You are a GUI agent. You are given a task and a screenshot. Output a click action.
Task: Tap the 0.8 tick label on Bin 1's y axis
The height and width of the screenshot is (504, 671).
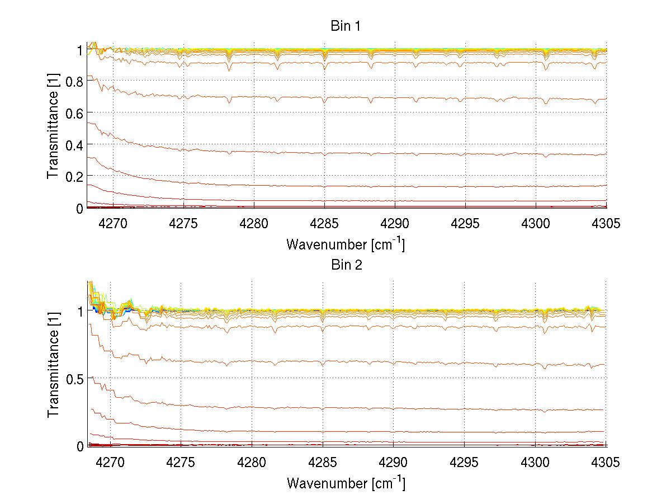[74, 81]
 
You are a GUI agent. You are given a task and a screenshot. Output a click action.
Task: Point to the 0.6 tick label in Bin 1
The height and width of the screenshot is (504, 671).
[74, 113]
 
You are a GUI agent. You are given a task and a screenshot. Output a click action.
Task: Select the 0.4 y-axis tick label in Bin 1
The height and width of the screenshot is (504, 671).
[74, 144]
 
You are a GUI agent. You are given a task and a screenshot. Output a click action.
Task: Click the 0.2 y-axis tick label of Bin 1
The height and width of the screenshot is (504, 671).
[74, 176]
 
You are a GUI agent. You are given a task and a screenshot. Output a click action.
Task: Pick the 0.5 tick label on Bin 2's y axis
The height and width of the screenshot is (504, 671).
[74, 378]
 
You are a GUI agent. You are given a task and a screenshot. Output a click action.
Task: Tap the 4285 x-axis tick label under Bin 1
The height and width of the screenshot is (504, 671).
[324, 223]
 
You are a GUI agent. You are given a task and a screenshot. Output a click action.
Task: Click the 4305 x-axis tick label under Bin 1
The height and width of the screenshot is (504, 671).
[606, 223]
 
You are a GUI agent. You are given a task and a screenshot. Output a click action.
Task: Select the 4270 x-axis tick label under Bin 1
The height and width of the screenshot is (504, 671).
[113, 223]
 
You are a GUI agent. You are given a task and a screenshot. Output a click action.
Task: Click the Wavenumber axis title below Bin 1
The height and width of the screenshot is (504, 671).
[346, 244]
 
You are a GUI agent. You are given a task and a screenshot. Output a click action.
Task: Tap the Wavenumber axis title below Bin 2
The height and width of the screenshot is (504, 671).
[346, 483]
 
